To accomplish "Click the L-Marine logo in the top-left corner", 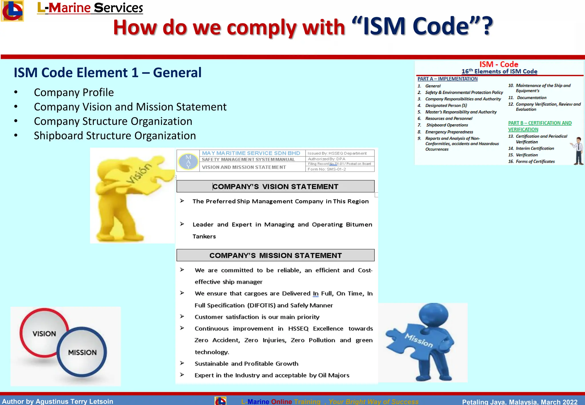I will point(12,11).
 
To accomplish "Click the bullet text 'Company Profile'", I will point(74,93).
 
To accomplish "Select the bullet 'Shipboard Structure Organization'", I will point(115,136).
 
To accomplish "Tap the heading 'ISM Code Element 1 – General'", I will point(108,73).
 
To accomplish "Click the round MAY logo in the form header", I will point(188,161).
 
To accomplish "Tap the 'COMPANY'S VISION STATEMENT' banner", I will point(275,187).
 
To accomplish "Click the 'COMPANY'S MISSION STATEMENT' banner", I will point(275,255).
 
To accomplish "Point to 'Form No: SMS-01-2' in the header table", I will point(327,169).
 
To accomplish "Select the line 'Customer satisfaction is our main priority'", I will point(257,317).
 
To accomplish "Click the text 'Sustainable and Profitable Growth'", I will point(246,364).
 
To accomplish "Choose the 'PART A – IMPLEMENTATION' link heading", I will point(447,79).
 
